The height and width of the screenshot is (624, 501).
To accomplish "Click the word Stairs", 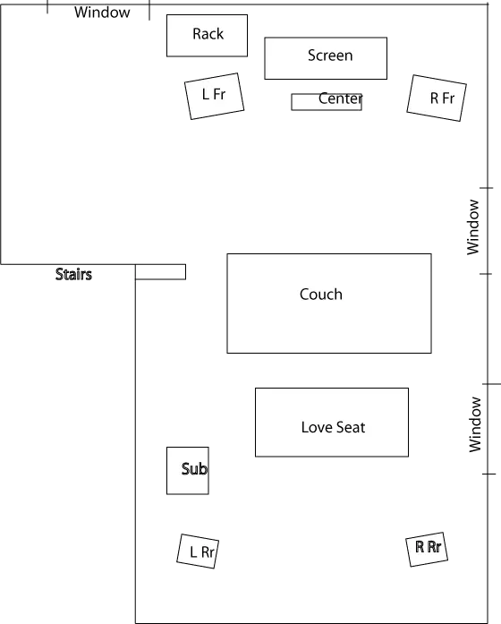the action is pos(73,274).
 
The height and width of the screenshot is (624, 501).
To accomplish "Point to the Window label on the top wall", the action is pos(102,13).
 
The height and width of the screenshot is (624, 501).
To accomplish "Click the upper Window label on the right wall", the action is pos(473,227).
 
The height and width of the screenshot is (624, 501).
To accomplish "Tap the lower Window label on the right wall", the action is pos(475,424).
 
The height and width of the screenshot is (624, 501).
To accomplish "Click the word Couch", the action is pos(321,295).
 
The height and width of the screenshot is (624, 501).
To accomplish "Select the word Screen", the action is pos(330,56).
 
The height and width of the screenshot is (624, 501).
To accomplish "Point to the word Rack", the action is pos(208,34).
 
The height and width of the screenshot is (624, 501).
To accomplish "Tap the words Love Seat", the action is pos(333,427).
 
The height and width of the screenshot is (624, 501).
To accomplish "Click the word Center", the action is pos(340,98).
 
